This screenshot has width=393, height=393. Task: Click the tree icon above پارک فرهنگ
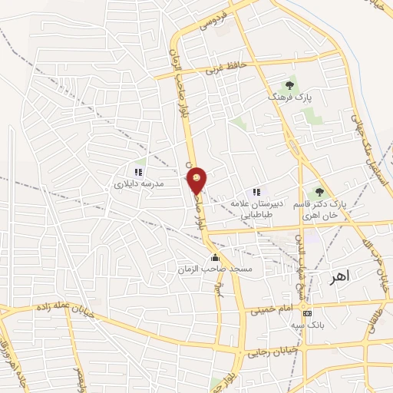tap(289, 85)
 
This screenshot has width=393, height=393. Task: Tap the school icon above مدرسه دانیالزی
tap(138, 173)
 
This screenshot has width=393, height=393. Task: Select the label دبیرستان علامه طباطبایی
tap(257, 209)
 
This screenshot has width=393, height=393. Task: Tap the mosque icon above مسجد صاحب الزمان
tap(215, 258)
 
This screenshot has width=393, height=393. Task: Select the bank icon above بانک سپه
tap(306, 313)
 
